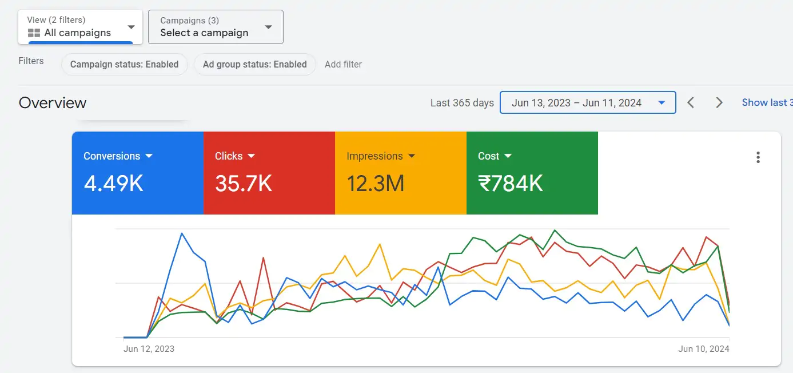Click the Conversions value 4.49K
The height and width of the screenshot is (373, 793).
tap(113, 183)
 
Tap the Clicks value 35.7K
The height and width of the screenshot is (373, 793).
tap(244, 183)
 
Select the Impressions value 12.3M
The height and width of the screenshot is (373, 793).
tap(376, 183)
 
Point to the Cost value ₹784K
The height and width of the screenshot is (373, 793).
tap(511, 183)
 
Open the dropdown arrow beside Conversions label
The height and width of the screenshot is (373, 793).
tap(149, 156)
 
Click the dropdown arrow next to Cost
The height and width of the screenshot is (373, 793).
tap(508, 156)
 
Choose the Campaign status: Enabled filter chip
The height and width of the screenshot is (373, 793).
tap(125, 64)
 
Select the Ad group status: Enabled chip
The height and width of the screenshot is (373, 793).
tap(255, 64)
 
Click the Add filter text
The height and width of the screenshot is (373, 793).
tap(343, 64)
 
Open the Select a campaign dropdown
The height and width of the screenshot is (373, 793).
tap(216, 27)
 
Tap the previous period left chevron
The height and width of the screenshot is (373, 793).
tap(691, 103)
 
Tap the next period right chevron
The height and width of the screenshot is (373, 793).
tap(719, 103)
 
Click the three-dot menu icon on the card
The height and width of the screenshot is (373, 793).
tap(758, 157)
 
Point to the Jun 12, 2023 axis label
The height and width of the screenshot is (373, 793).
tap(149, 348)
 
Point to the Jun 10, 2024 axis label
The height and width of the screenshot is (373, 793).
tap(704, 348)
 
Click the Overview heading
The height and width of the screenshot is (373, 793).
tap(53, 103)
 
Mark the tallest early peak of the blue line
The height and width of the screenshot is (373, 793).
tap(182, 233)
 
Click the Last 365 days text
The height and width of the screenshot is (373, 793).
tap(462, 103)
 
